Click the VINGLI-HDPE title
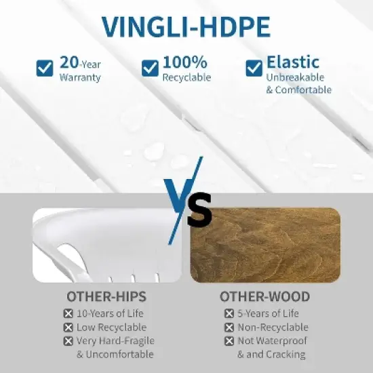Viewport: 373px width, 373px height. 186,26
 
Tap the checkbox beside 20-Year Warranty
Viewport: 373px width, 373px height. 45,68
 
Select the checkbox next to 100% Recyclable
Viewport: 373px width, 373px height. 150,68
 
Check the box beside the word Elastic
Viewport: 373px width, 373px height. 254,68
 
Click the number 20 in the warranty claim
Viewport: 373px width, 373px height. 69,62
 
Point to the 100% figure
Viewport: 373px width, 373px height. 184,62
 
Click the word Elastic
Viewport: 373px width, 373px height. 292,62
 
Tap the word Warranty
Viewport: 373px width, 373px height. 80,77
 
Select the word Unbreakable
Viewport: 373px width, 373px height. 295,77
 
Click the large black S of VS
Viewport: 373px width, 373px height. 198,211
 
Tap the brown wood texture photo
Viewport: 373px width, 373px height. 265,245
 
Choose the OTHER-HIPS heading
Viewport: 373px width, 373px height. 106,296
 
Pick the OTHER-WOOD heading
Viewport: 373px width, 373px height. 264,296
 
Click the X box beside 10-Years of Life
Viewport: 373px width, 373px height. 68,314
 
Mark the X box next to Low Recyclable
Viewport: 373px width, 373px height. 68,328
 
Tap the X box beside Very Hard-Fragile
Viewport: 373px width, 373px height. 68,341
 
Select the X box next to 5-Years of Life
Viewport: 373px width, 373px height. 229,314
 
